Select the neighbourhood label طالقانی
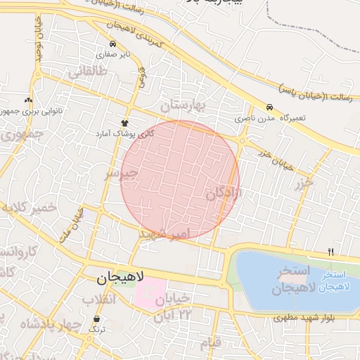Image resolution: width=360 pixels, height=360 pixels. coord(87,72)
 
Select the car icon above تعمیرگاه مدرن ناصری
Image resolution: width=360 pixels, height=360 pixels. coord(270,107)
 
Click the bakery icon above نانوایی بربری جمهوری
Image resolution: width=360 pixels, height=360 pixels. coord(28,100)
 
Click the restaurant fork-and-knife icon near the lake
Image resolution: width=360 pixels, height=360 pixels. coord(330,251)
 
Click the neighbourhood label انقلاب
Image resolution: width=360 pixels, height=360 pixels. coord(98,300)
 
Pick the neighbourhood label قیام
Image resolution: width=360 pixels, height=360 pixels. coord(210,342)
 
